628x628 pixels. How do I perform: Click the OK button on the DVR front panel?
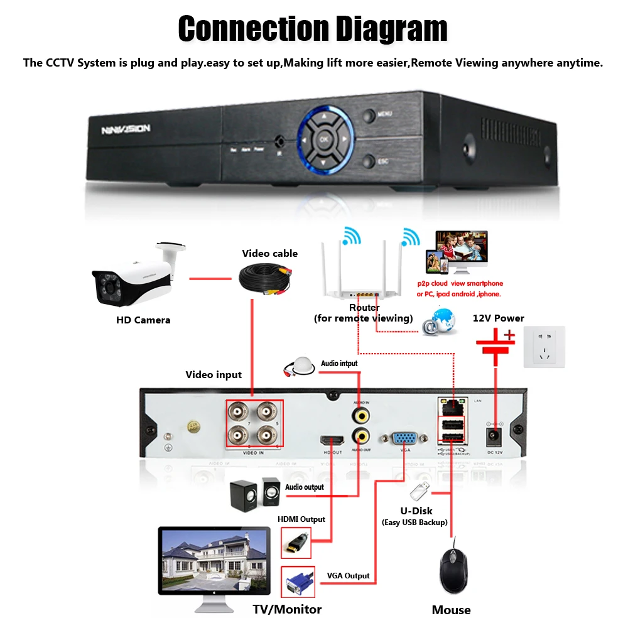click(324, 139)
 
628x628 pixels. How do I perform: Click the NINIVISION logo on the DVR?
click(126, 129)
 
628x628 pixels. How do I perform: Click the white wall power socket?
click(544, 347)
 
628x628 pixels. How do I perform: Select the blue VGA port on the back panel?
click(406, 440)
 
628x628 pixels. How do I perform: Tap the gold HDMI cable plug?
click(296, 541)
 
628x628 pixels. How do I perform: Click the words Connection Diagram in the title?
click(313, 28)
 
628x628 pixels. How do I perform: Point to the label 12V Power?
click(498, 318)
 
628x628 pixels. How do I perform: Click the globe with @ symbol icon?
click(440, 322)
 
